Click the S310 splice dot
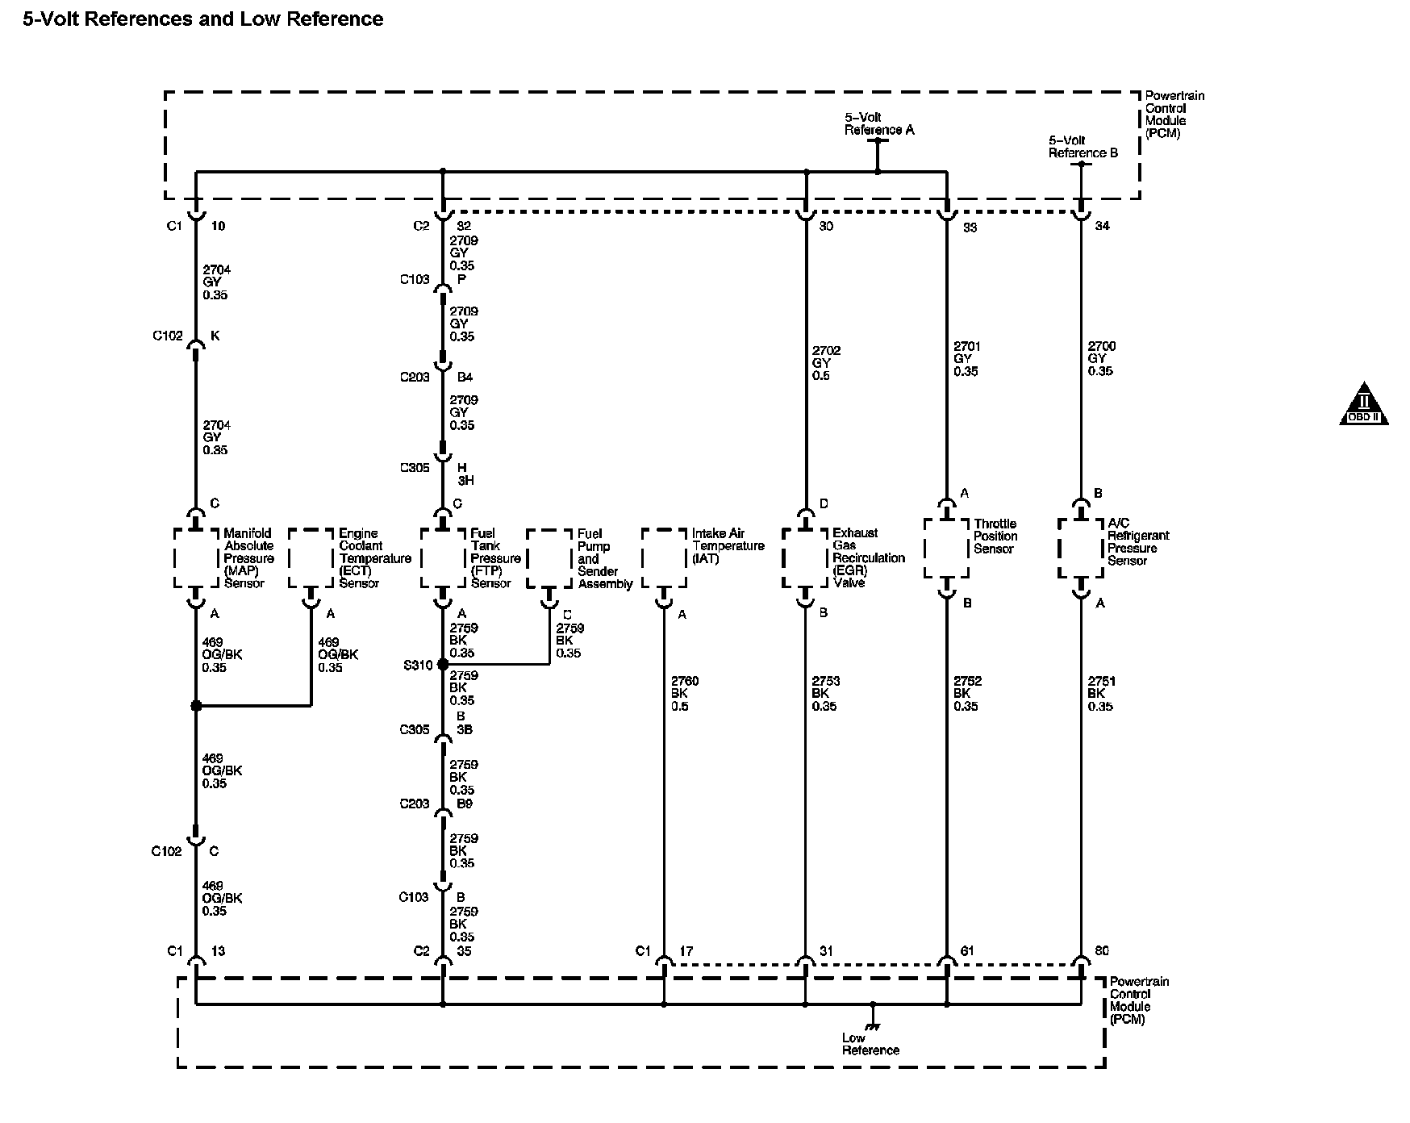(x=442, y=665)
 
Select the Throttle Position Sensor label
(x=995, y=536)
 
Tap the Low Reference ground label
(x=870, y=1044)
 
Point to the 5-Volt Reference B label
(x=1083, y=146)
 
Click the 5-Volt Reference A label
(x=878, y=123)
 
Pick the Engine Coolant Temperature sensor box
(x=311, y=558)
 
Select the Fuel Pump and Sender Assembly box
(x=549, y=558)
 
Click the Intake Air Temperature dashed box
(x=664, y=558)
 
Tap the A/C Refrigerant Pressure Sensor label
(x=1137, y=542)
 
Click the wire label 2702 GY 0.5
(x=825, y=363)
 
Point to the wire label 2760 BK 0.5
(x=684, y=694)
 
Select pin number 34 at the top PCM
(x=1102, y=226)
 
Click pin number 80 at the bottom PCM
(x=1102, y=951)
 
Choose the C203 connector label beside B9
(x=415, y=804)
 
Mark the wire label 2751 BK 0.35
(x=1100, y=694)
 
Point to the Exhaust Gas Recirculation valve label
(x=868, y=558)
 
